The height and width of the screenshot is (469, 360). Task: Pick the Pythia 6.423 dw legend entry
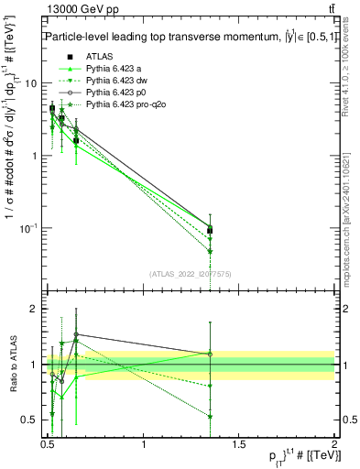tap(118, 82)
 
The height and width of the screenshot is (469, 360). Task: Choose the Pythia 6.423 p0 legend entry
tap(118, 93)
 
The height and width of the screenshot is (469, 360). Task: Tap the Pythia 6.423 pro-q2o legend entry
tap(125, 106)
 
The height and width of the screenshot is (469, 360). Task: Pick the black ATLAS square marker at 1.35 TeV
tap(211, 231)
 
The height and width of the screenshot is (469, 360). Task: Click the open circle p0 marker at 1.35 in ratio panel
tap(211, 354)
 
